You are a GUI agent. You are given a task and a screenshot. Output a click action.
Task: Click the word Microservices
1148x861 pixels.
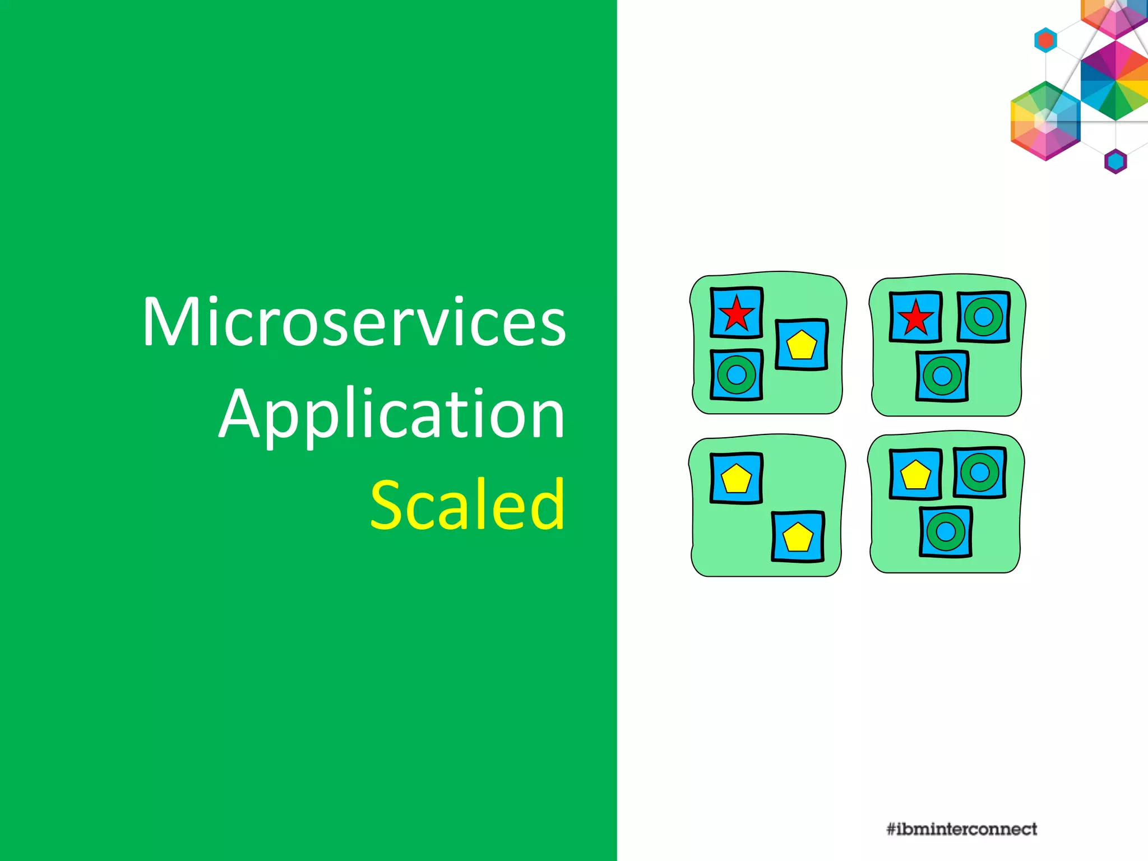tap(354, 322)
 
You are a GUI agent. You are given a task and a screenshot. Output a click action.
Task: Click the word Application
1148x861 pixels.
tap(392, 415)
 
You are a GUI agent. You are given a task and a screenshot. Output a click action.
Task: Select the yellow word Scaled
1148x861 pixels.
tap(468, 505)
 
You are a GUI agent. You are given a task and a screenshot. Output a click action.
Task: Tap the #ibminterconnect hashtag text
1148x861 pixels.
tap(961, 829)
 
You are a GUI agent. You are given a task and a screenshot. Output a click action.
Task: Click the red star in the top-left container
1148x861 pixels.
tap(736, 313)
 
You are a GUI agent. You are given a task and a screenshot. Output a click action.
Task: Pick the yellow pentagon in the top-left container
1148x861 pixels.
tap(802, 345)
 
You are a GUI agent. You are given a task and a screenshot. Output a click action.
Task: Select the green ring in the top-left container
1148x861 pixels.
tap(736, 374)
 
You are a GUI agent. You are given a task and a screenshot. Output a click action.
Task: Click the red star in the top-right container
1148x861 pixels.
tap(915, 317)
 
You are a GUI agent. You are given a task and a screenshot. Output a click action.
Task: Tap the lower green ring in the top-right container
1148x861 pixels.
tap(942, 376)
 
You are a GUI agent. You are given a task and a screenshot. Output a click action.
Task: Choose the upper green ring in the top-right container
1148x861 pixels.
tap(983, 317)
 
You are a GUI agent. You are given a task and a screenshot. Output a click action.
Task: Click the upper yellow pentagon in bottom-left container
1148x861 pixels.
tap(736, 479)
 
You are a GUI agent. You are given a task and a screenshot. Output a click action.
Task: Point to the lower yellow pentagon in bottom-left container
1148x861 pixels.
tap(798, 537)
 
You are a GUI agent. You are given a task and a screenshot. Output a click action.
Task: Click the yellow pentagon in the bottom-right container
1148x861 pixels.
tap(915, 474)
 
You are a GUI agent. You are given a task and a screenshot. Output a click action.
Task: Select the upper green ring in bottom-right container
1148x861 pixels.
tap(979, 472)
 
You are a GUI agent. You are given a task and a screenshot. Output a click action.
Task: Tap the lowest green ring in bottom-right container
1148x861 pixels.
tap(946, 531)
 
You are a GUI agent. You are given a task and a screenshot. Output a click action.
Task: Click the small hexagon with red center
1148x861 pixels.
tap(1045, 40)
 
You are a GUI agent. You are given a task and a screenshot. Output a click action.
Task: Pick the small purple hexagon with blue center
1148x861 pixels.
tap(1115, 161)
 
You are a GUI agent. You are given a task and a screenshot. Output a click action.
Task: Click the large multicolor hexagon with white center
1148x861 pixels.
tap(1045, 121)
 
